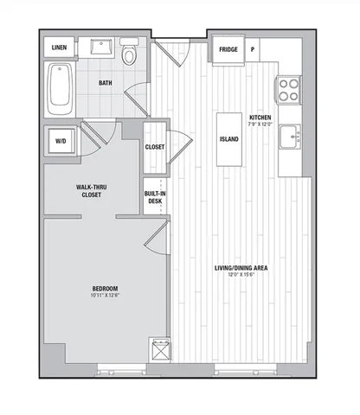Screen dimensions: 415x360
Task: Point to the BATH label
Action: coord(105,84)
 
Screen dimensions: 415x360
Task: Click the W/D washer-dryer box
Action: coord(62,141)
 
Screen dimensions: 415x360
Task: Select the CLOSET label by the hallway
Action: coord(155,148)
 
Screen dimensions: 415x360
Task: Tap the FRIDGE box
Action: coord(228,50)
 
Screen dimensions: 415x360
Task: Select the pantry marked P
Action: coord(253,50)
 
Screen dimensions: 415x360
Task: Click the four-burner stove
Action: coord(287,87)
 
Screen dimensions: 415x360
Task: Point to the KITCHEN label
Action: coord(260,117)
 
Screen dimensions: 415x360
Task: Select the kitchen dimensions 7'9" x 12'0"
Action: coord(260,124)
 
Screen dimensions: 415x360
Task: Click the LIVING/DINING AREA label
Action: coord(241,268)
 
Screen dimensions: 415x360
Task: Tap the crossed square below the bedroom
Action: coord(159,349)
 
